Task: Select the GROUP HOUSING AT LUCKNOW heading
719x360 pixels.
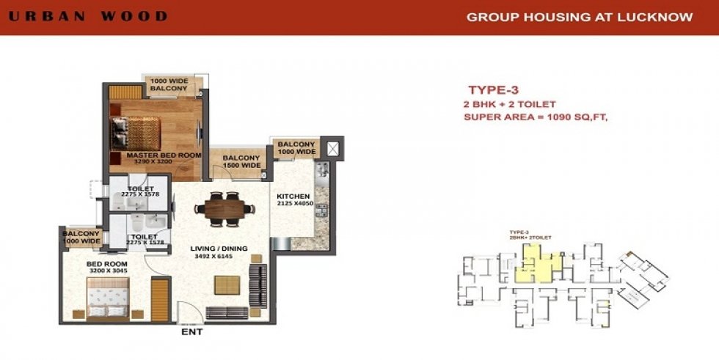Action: click(580, 17)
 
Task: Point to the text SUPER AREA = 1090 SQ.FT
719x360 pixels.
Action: click(536, 117)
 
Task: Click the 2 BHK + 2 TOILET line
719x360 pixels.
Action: click(509, 104)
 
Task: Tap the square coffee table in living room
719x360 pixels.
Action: click(226, 284)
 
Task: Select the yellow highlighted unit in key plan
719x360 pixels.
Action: click(533, 263)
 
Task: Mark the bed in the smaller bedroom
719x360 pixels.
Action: click(95, 301)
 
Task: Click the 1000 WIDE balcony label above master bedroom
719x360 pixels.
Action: click(169, 85)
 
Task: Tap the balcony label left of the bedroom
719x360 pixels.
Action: click(81, 237)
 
